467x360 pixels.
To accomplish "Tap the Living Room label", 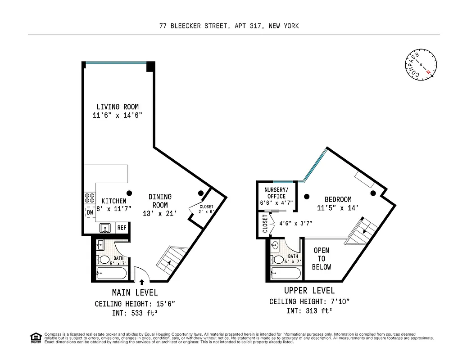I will pyautogui.click(x=118, y=107).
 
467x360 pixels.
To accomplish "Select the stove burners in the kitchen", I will pyautogui.click(x=90, y=198).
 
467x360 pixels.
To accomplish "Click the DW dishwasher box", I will pyautogui.click(x=90, y=212).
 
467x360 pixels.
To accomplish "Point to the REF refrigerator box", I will pyautogui.click(x=122, y=228).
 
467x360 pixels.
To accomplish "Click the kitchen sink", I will pyautogui.click(x=105, y=228).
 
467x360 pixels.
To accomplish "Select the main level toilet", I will pyautogui.click(x=104, y=260).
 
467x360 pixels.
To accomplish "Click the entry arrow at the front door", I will pyautogui.click(x=142, y=282).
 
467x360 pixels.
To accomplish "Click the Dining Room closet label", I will pyautogui.click(x=206, y=209).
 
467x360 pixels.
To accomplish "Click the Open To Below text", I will pyautogui.click(x=322, y=259).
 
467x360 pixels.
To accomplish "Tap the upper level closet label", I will pyautogui.click(x=265, y=223).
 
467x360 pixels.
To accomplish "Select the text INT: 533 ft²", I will pyautogui.click(x=135, y=313).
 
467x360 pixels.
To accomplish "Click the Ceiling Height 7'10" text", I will pyautogui.click(x=309, y=301).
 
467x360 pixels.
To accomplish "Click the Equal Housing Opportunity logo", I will pyautogui.click(x=35, y=337).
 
